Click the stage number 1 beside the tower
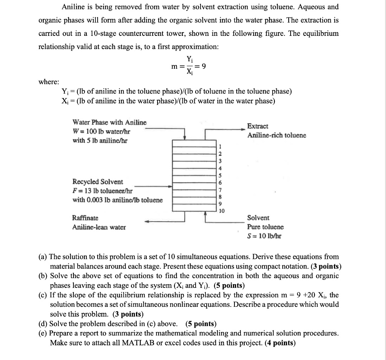222,147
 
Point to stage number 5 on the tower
222,175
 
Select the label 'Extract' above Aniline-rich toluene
258,126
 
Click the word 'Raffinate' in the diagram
85,218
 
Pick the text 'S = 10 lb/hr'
264,236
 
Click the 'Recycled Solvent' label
98,182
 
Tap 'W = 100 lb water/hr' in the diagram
101,131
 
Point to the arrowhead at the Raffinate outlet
149,222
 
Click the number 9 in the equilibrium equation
204,67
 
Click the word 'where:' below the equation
49,82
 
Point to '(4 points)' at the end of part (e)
280,343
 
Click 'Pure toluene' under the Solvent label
265,227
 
